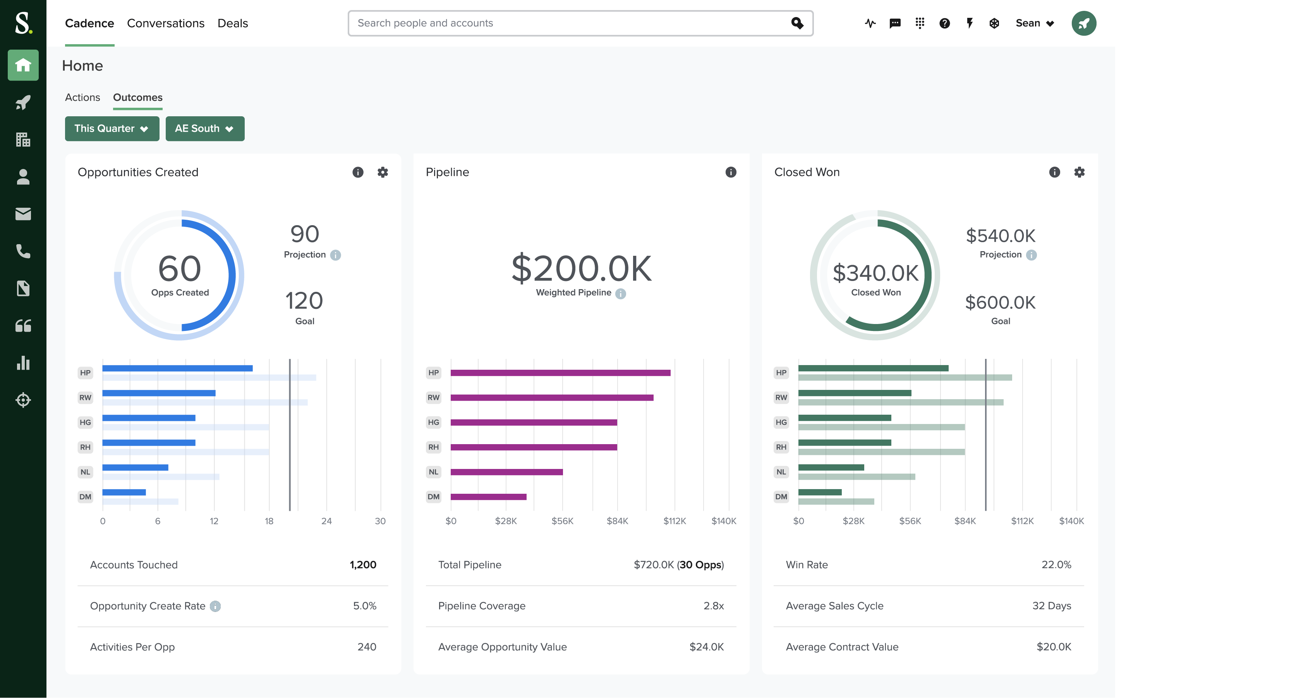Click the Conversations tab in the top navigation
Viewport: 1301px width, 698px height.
tap(166, 23)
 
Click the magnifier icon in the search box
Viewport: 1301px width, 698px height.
tap(797, 23)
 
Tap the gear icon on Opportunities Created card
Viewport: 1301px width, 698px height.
tap(383, 172)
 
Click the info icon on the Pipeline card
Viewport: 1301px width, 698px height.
tap(731, 172)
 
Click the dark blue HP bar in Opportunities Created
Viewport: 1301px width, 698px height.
tap(177, 369)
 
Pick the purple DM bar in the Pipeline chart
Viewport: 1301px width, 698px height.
tap(488, 497)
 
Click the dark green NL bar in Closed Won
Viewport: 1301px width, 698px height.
tap(831, 467)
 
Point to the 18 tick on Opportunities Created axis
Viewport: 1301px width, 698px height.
tap(269, 521)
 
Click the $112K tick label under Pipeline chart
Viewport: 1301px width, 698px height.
tap(674, 521)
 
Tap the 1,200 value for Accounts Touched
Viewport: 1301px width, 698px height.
tap(363, 565)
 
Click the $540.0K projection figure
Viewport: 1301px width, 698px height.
tap(1000, 236)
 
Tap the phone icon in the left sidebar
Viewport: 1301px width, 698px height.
tap(23, 251)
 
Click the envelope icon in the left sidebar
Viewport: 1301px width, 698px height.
tap(23, 214)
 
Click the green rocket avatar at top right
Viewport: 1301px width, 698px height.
tap(1083, 23)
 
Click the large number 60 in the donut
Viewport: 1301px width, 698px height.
tap(179, 268)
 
